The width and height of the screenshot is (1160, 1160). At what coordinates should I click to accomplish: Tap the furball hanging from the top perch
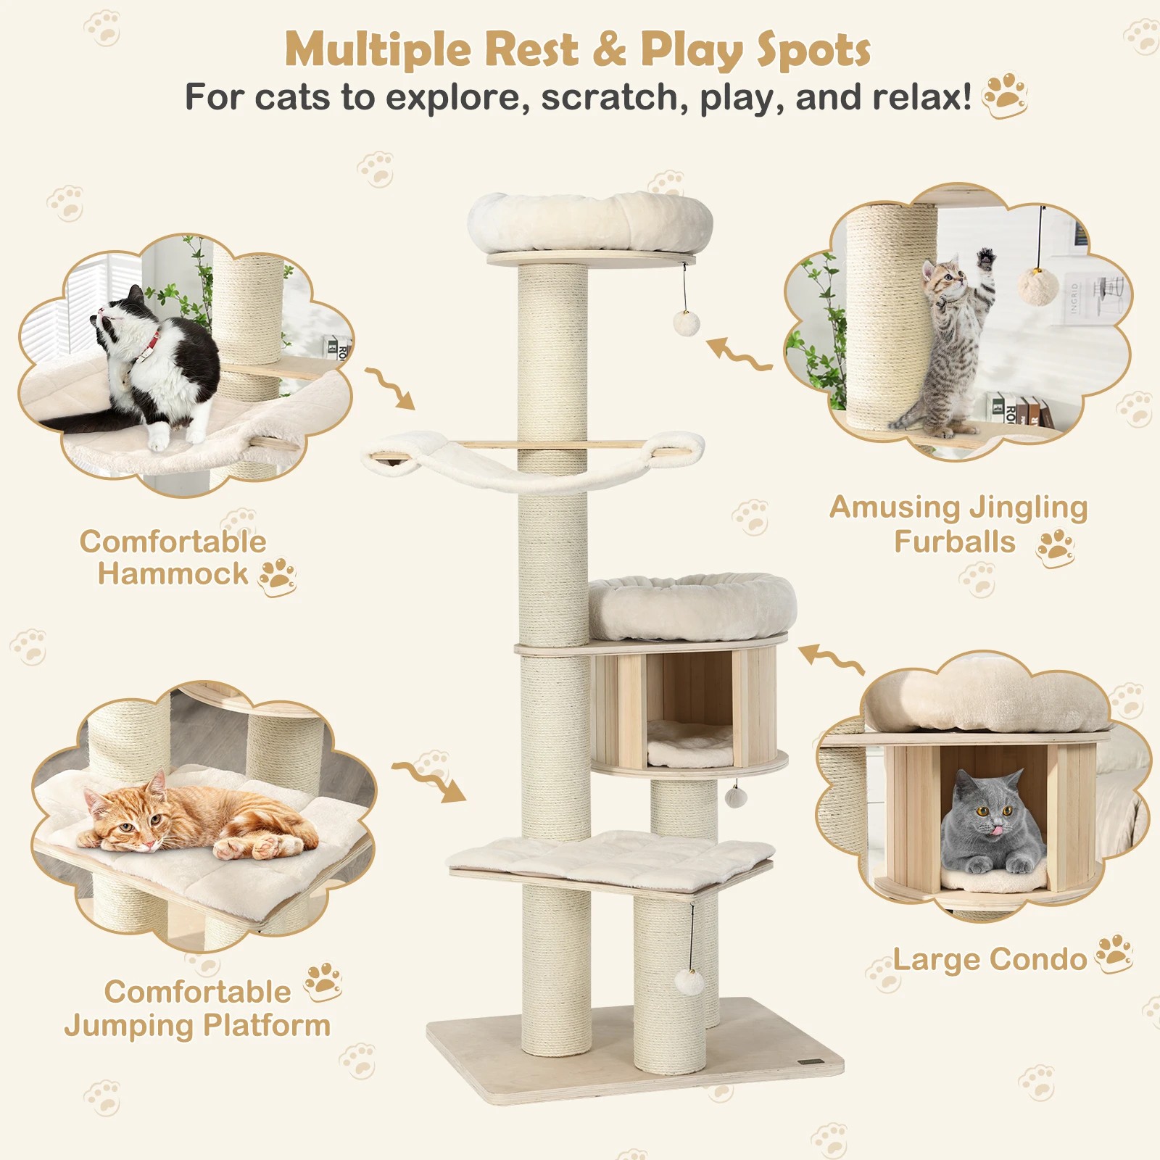point(685,323)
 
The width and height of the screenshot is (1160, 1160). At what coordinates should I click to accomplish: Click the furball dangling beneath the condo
point(736,797)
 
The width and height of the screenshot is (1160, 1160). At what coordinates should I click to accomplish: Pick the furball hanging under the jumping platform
point(689,983)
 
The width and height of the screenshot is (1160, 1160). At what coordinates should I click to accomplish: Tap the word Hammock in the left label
point(173,573)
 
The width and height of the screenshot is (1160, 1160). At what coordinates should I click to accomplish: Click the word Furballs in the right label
point(954,542)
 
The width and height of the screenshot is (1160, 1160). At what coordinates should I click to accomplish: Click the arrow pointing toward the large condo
point(832,658)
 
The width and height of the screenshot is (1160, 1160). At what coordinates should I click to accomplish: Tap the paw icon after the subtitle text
point(1005,95)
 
